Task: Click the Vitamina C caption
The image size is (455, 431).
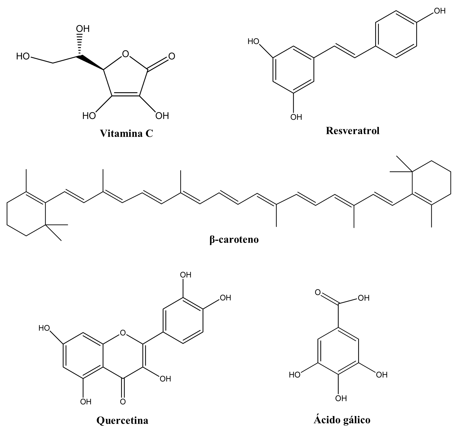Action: [126, 133]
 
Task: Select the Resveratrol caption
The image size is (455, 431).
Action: [353, 131]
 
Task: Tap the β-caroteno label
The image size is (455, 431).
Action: [234, 240]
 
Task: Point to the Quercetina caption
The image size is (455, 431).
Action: [122, 420]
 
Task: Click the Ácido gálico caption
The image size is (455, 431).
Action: [342, 420]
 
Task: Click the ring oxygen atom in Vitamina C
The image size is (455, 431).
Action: [125, 54]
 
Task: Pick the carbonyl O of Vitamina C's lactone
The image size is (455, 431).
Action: [171, 56]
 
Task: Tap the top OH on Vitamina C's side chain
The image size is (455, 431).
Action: [83, 29]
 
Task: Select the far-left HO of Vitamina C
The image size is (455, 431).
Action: [23, 56]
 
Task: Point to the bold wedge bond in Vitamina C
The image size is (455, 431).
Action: [90, 62]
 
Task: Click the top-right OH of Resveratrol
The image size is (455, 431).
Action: [440, 11]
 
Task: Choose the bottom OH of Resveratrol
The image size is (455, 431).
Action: [296, 117]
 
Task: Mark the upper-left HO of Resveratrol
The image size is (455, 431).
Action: [253, 41]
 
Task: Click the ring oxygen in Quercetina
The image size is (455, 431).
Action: [123, 333]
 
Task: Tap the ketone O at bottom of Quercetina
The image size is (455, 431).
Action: [123, 402]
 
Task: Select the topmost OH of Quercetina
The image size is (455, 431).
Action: [186, 275]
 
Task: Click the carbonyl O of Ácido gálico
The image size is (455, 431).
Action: [318, 292]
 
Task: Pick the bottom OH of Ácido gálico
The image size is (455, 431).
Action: [341, 398]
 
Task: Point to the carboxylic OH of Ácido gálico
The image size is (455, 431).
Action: [363, 298]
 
